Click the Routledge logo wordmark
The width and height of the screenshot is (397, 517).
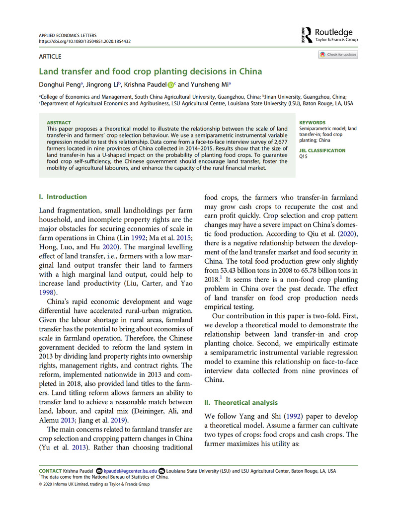coord(334,32)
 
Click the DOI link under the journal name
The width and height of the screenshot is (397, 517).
coord(84,42)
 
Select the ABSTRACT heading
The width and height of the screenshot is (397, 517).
coord(59,122)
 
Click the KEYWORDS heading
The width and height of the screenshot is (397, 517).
coord(312,122)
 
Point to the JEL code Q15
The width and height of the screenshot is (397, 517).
coord(303,156)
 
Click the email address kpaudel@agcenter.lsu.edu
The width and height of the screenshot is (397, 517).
coord(130,471)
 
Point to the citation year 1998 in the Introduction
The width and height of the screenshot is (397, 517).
coord(46,293)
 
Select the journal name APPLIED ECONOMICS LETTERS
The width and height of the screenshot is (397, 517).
coord(67,36)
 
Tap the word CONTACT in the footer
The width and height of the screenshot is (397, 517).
coord(50,471)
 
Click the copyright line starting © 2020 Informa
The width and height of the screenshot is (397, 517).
coord(94,483)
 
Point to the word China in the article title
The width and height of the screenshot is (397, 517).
coord(249,72)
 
